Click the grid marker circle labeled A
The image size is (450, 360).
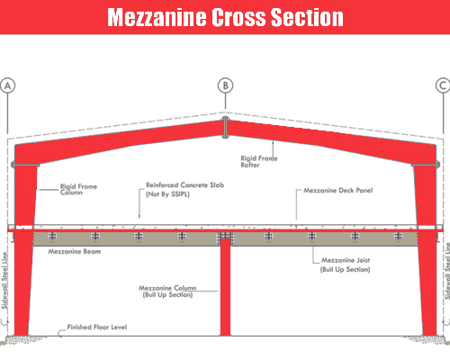pos(7,85)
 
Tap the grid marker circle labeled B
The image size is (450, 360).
pos(225,85)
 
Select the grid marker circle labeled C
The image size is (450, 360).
pos(443,85)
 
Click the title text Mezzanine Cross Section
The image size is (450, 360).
pos(225,17)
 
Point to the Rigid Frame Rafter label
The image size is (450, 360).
pos(259,161)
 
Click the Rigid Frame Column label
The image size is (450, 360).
pos(78,189)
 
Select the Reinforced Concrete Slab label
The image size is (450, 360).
pos(184,185)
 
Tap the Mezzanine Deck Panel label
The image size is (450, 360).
pos(338,191)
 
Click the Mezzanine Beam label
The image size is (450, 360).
pos(75,251)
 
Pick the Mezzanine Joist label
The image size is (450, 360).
pos(346,260)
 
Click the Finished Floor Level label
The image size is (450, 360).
pos(97,327)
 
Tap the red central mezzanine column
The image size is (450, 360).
pos(225,286)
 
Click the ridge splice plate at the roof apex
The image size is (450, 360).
pos(225,128)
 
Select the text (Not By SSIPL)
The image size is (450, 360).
pos(167,194)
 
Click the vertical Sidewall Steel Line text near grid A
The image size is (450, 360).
pos(4,281)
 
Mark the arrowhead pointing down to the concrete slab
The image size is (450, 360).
pos(139,216)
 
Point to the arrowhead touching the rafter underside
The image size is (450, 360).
pos(273,143)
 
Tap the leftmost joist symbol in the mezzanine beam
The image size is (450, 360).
pos(52,236)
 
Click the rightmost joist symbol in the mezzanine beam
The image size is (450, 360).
pos(399,236)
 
